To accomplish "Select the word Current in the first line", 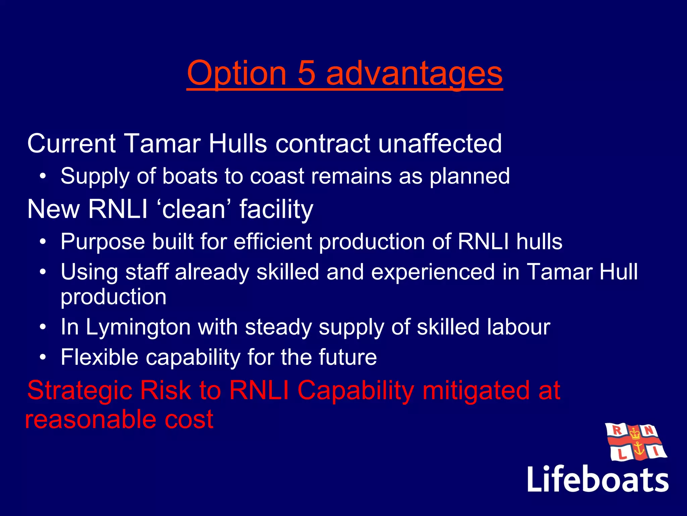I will pyautogui.click(x=71, y=143).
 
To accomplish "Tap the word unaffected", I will pyautogui.click(x=440, y=143).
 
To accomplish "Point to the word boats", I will pyautogui.click(x=190, y=176).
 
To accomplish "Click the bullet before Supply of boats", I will pyautogui.click(x=42, y=176).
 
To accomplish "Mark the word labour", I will pyautogui.click(x=519, y=327).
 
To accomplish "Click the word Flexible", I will pyautogui.click(x=99, y=357).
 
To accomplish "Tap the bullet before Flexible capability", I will pyautogui.click(x=42, y=357).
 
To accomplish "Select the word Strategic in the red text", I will pyautogui.click(x=80, y=391).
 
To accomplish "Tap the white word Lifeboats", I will pyautogui.click(x=597, y=479).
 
